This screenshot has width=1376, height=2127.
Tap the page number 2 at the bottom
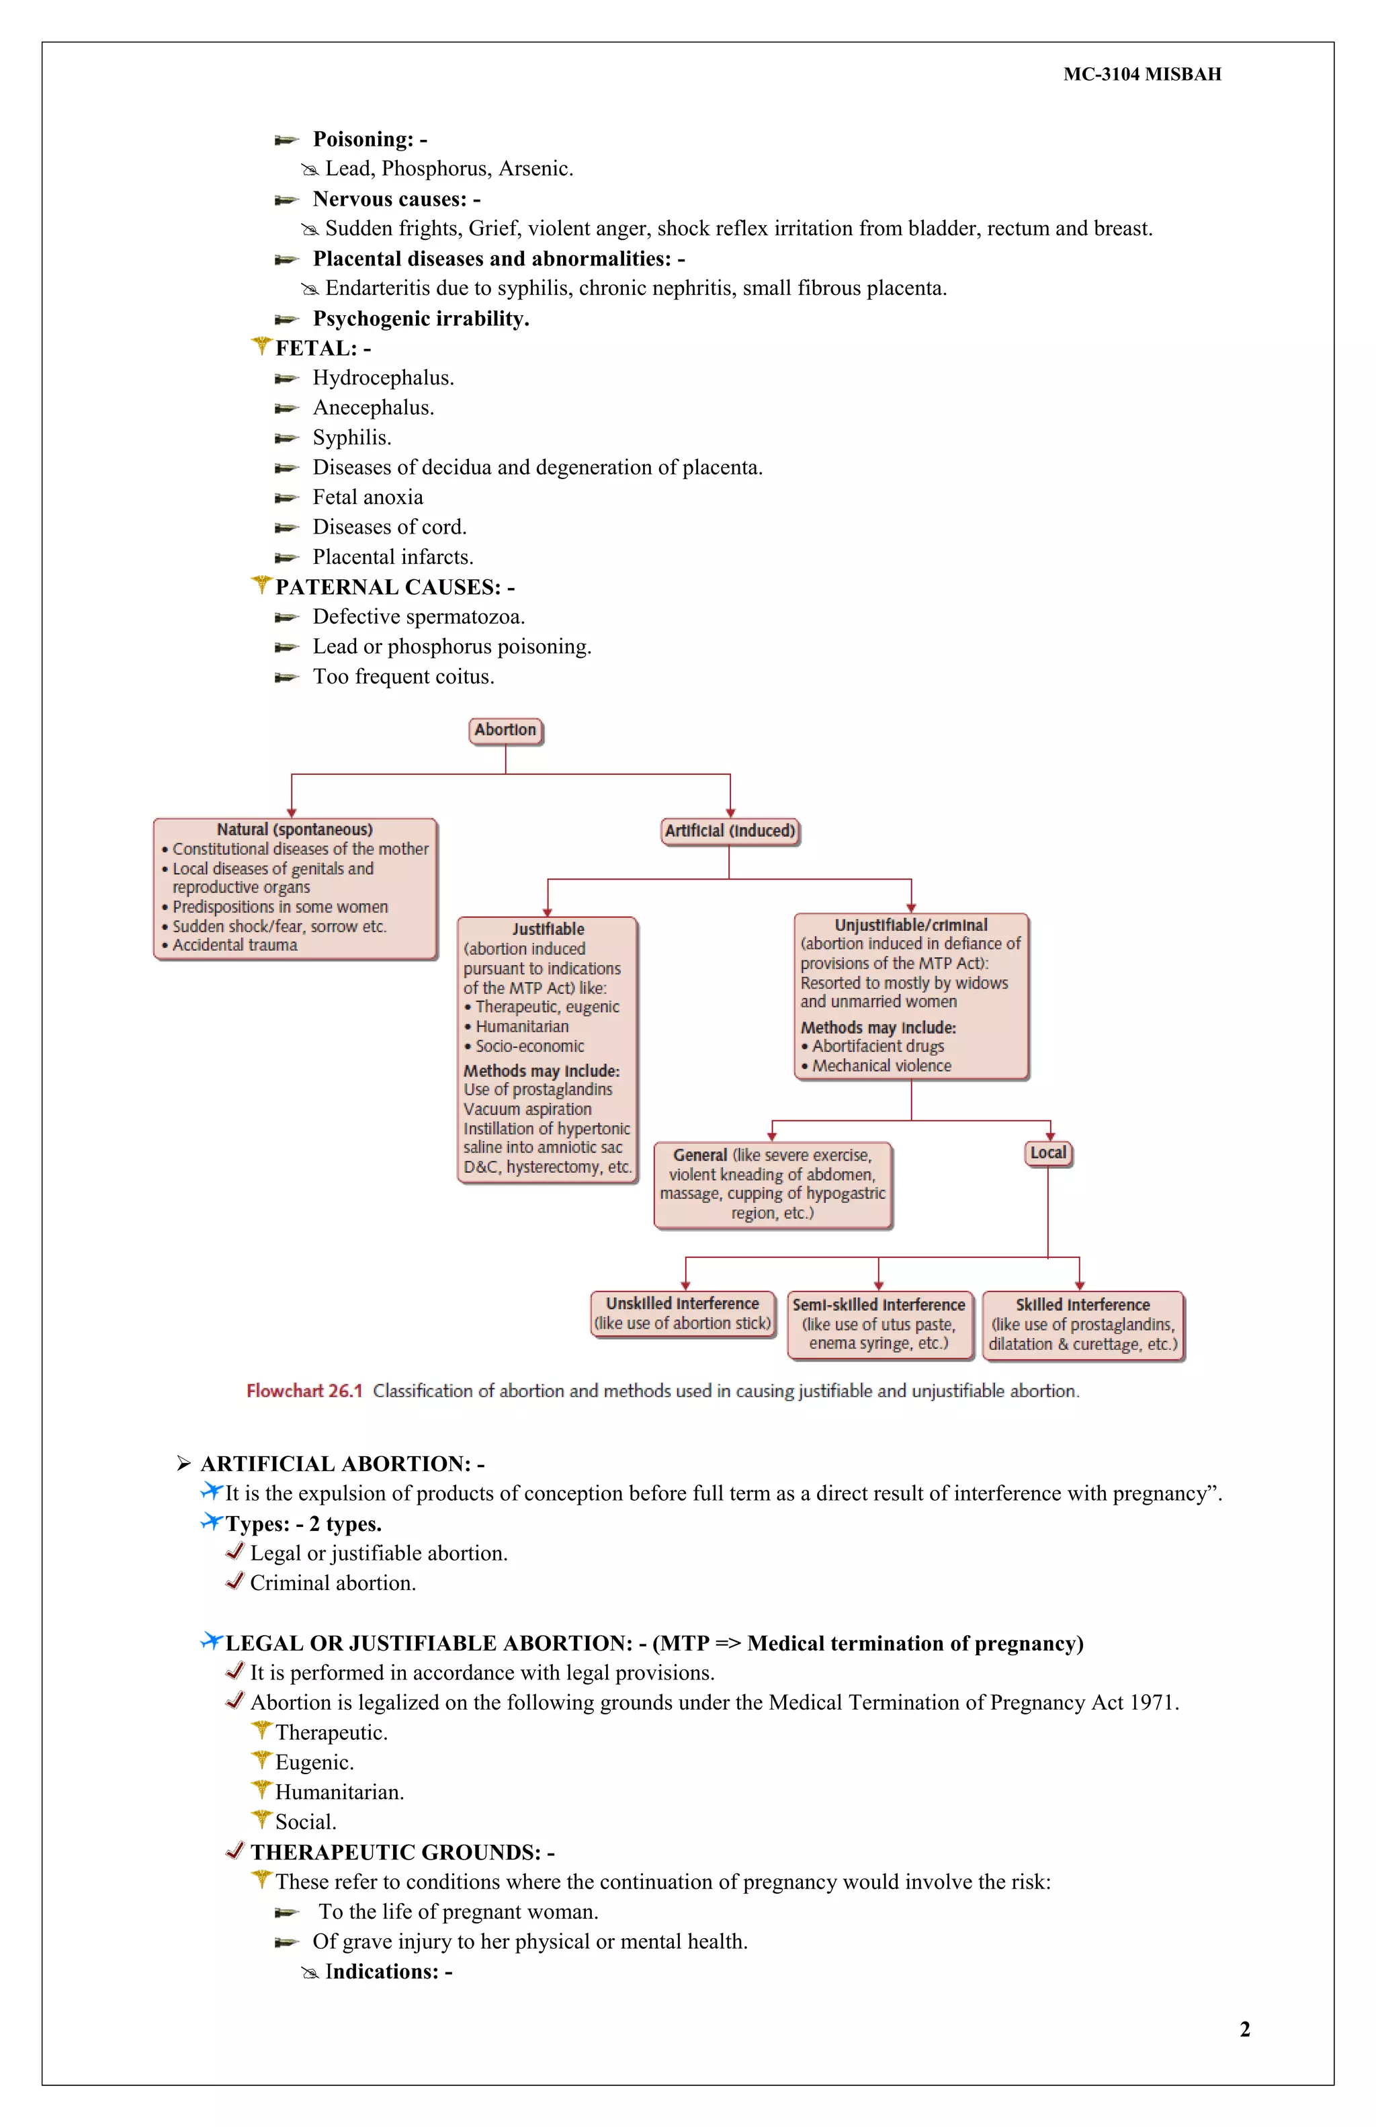point(1245,2029)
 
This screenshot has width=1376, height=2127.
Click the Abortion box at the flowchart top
point(506,730)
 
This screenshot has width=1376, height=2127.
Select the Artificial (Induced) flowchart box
point(729,831)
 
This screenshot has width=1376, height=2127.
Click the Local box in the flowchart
point(1048,1153)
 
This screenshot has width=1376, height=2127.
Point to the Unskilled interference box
point(683,1313)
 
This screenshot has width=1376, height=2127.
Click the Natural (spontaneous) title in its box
point(295,829)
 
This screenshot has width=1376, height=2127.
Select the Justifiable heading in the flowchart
point(548,929)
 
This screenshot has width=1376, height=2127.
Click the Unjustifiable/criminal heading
point(910,925)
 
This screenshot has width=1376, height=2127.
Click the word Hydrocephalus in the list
point(382,378)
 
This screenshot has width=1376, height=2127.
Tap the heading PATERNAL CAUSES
point(388,587)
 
